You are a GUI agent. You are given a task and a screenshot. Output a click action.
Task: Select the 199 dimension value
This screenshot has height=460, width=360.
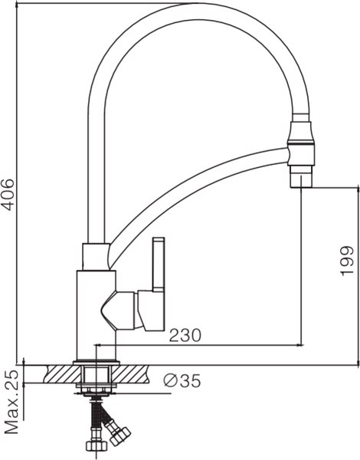click(346, 261)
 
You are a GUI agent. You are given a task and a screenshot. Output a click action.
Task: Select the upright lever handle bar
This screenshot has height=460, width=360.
click(159, 264)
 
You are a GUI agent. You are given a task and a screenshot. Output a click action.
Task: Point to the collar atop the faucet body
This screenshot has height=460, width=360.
click(96, 256)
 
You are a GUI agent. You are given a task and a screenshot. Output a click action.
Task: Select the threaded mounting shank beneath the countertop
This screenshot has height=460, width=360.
click(95, 380)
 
